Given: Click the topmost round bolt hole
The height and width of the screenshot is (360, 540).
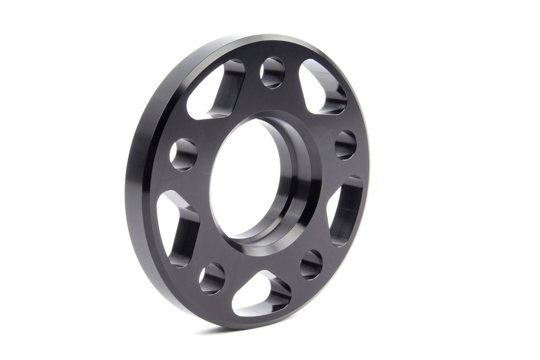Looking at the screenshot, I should (x=272, y=72).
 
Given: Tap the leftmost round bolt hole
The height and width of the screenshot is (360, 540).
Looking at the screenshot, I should (x=183, y=154).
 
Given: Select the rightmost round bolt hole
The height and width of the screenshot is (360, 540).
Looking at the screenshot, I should (x=346, y=145).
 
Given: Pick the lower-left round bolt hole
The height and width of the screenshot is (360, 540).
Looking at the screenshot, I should (x=212, y=278).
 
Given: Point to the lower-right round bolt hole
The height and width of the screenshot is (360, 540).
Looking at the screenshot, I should (x=311, y=264).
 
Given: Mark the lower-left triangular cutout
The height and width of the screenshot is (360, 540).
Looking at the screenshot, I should (x=178, y=229).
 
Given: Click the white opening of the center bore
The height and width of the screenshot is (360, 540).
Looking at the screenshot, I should (x=245, y=178).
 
